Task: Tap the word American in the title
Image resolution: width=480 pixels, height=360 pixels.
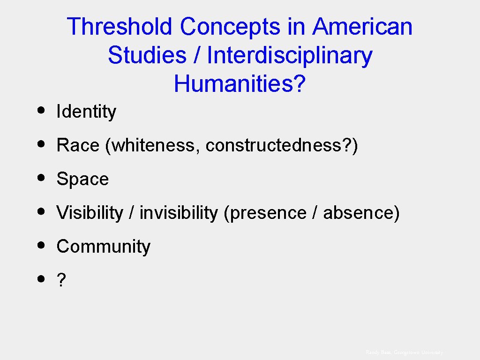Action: point(362,27)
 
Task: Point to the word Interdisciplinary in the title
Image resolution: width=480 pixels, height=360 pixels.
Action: point(290,55)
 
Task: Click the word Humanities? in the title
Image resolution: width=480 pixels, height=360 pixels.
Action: point(240,84)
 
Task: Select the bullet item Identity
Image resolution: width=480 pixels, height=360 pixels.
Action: point(86,112)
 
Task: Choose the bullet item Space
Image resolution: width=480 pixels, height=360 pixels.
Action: point(82,180)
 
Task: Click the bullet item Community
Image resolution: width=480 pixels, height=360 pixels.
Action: point(104,247)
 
